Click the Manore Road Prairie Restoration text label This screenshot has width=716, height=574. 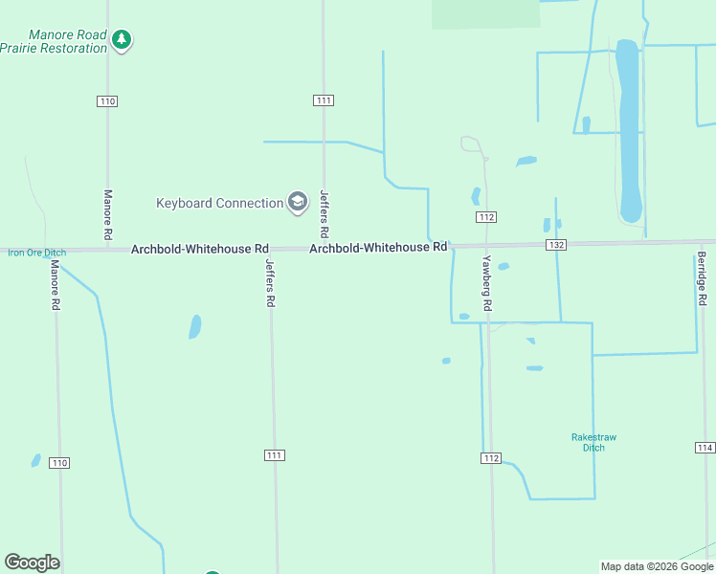pyautogui.click(x=54, y=41)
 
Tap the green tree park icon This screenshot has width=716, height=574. pyautogui.click(x=122, y=39)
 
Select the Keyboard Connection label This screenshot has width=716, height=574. pyautogui.click(x=219, y=203)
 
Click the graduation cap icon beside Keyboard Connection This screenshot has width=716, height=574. pyautogui.click(x=297, y=202)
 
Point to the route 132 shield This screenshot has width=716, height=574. pyautogui.click(x=557, y=245)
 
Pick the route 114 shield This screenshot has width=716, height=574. pyautogui.click(x=705, y=448)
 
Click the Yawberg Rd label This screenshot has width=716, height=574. pyautogui.click(x=487, y=282)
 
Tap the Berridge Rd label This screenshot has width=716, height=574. pyautogui.click(x=702, y=279)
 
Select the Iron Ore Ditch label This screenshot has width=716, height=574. pyautogui.click(x=36, y=253)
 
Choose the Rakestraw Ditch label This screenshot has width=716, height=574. pyautogui.click(x=593, y=442)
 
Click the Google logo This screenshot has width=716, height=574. pyautogui.click(x=32, y=563)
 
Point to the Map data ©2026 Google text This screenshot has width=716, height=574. pyautogui.click(x=657, y=566)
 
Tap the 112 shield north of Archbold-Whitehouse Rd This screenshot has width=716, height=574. pyautogui.click(x=486, y=217)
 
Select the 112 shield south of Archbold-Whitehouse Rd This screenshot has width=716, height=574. pyautogui.click(x=491, y=458)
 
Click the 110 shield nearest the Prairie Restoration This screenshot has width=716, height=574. pyautogui.click(x=107, y=100)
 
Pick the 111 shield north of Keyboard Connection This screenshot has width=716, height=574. pyautogui.click(x=324, y=100)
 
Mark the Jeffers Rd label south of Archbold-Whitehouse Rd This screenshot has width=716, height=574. pyautogui.click(x=271, y=283)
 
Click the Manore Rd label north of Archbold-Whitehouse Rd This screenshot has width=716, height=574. pyautogui.click(x=107, y=214)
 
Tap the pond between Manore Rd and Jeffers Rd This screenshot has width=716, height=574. pyautogui.click(x=195, y=326)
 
